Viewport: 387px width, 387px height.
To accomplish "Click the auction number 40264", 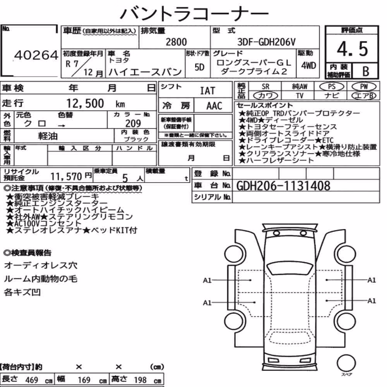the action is tap(36, 55).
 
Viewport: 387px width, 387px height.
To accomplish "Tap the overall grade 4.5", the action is tap(352, 49).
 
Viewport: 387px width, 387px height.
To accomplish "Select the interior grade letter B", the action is tap(366, 71).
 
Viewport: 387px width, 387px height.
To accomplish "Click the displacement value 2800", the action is tap(176, 42).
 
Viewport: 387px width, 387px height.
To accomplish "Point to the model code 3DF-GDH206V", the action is tap(266, 42).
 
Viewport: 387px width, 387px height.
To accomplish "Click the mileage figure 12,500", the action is tap(85, 103).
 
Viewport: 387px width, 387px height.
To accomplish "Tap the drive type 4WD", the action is tap(308, 65).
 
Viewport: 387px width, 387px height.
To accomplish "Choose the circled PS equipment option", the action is tap(332, 87).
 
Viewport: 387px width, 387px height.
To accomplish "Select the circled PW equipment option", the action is tap(364, 87).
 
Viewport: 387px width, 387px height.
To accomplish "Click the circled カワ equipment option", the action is tap(265, 96).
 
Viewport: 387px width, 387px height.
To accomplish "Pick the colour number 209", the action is tap(133, 123).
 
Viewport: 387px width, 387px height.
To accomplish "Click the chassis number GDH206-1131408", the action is tap(283, 186).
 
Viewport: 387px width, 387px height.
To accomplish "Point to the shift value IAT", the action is tap(207, 91).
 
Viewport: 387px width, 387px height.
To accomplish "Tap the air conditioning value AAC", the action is tap(214, 106).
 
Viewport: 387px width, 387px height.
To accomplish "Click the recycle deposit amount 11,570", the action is tap(66, 176).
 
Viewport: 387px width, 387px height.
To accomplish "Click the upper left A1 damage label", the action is tap(207, 280).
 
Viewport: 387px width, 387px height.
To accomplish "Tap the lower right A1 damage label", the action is tap(372, 301).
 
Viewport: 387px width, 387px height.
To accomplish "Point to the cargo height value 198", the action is tap(140, 380).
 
